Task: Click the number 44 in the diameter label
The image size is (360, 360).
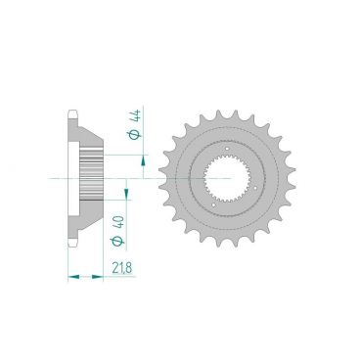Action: (x=136, y=117)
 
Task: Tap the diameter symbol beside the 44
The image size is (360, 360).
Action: (x=136, y=134)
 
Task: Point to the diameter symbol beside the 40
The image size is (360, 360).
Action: (x=117, y=241)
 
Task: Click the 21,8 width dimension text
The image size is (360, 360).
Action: (x=122, y=268)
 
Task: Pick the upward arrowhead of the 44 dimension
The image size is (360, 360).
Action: (x=143, y=161)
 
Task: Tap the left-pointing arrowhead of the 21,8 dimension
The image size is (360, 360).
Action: (x=73, y=277)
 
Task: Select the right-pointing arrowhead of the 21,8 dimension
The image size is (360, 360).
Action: (x=97, y=277)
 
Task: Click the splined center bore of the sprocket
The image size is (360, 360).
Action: (x=227, y=179)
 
